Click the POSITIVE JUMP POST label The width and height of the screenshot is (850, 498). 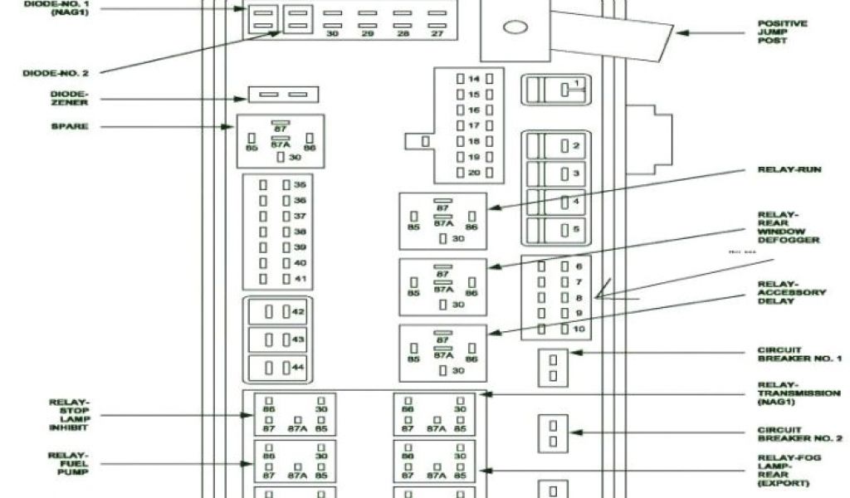[x=781, y=32]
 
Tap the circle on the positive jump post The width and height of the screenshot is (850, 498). [x=515, y=27]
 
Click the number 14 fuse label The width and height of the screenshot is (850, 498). [x=474, y=79]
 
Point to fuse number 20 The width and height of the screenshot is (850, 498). [x=474, y=172]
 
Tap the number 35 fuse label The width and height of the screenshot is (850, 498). [x=300, y=185]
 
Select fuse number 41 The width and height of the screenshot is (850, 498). [x=300, y=278]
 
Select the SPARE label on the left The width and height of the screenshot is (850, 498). [x=69, y=126]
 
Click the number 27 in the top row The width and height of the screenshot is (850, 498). [x=437, y=32]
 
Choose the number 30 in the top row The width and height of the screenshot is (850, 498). [x=332, y=32]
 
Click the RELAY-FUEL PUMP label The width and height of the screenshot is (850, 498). [x=68, y=463]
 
